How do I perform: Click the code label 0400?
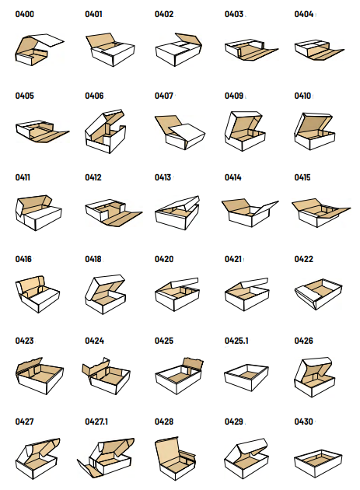click(x=25, y=14)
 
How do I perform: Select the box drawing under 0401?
click(x=110, y=50)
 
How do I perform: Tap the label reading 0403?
click(x=234, y=14)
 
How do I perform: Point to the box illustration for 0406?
click(x=105, y=131)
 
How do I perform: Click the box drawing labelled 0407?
click(x=180, y=132)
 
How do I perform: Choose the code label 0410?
click(x=302, y=96)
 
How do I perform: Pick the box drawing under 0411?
click(x=38, y=213)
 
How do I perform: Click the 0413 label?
click(x=163, y=177)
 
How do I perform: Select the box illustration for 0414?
click(x=250, y=212)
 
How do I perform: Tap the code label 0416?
click(x=23, y=259)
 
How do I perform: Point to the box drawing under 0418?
click(x=105, y=294)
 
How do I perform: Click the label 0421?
click(x=233, y=259)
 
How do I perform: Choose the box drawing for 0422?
click(x=319, y=294)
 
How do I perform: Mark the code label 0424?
click(x=94, y=341)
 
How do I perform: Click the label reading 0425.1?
click(x=236, y=341)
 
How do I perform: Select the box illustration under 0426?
click(x=315, y=377)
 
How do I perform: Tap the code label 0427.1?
click(x=96, y=422)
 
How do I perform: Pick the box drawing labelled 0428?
click(x=175, y=458)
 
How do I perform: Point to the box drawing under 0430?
click(x=319, y=464)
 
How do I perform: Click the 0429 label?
click(x=234, y=422)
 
